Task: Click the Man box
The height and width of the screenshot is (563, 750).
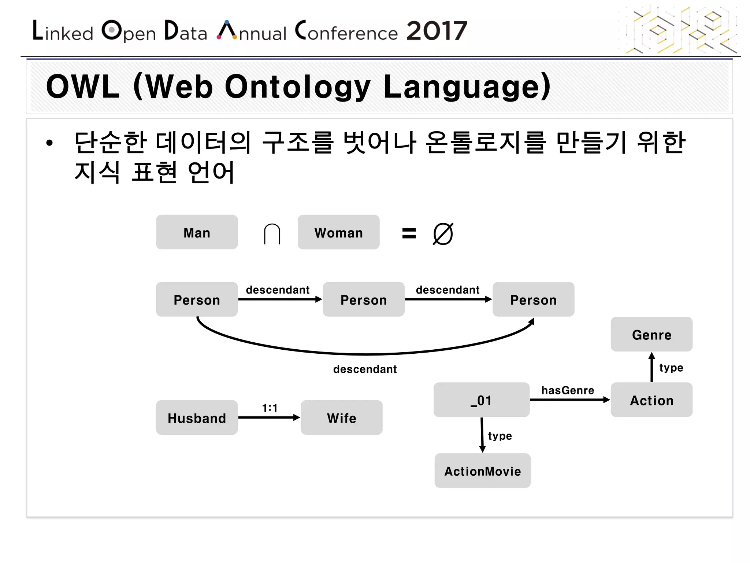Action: [x=197, y=232]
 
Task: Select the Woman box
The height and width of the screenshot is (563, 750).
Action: [x=338, y=232]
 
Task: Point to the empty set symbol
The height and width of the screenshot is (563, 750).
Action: [x=443, y=234]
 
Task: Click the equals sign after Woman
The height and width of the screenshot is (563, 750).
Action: [x=409, y=233]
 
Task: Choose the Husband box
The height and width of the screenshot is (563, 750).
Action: [x=197, y=417]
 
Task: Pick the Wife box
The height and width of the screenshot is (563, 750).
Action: [x=341, y=417]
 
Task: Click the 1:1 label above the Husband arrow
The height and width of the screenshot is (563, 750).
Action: [x=270, y=408]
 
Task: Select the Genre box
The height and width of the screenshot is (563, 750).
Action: [x=651, y=334]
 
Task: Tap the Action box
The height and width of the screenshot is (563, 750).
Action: [x=651, y=400]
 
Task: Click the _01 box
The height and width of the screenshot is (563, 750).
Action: [x=481, y=400]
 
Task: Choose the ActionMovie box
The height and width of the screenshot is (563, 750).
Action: [x=482, y=471]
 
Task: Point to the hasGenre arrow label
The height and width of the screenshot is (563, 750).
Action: [x=568, y=390]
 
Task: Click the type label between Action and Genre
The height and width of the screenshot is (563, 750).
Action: [x=671, y=367]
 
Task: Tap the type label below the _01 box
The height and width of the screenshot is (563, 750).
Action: [x=500, y=436]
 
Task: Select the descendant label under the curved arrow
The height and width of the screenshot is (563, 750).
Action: [x=365, y=369]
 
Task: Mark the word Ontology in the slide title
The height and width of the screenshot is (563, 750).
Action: [x=297, y=87]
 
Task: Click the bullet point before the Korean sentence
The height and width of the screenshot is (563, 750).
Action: [x=49, y=143]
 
